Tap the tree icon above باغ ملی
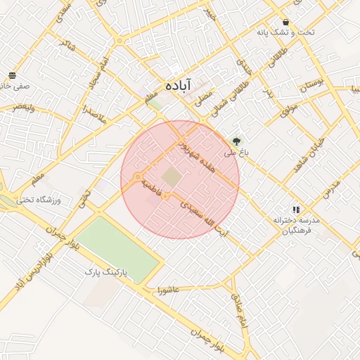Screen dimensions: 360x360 [x=236, y=141]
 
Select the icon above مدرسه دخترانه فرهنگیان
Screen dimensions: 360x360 [x=296, y=210]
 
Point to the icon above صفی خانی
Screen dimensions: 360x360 [x=12, y=75]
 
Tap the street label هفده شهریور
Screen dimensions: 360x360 [x=191, y=150]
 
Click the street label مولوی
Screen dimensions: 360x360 [x=290, y=110]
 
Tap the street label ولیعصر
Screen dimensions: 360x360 [x=22, y=108]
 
